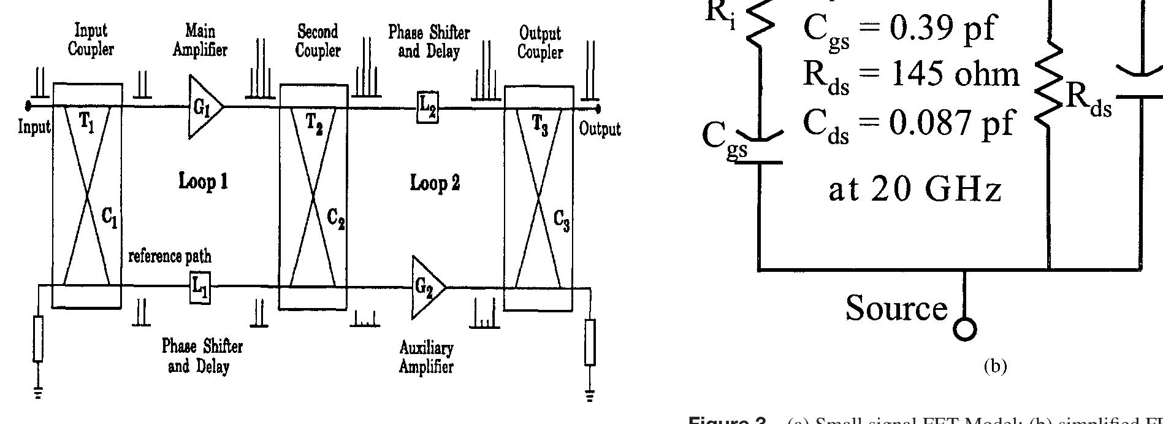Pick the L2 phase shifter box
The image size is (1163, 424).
(427, 109)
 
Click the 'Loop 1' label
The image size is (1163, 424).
(203, 182)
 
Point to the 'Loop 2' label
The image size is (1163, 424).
(435, 183)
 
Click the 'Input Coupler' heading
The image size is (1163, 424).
(91, 39)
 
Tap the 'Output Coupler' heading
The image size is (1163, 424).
(540, 41)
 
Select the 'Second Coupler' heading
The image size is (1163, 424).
(317, 40)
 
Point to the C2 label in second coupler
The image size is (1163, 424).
(335, 218)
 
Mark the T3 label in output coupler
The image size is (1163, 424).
(540, 125)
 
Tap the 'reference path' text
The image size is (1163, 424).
(170, 256)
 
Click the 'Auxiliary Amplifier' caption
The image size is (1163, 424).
(426, 358)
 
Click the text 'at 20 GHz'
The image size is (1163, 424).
(915, 190)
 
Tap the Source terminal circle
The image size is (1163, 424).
(965, 330)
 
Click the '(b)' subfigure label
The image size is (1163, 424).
(995, 366)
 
